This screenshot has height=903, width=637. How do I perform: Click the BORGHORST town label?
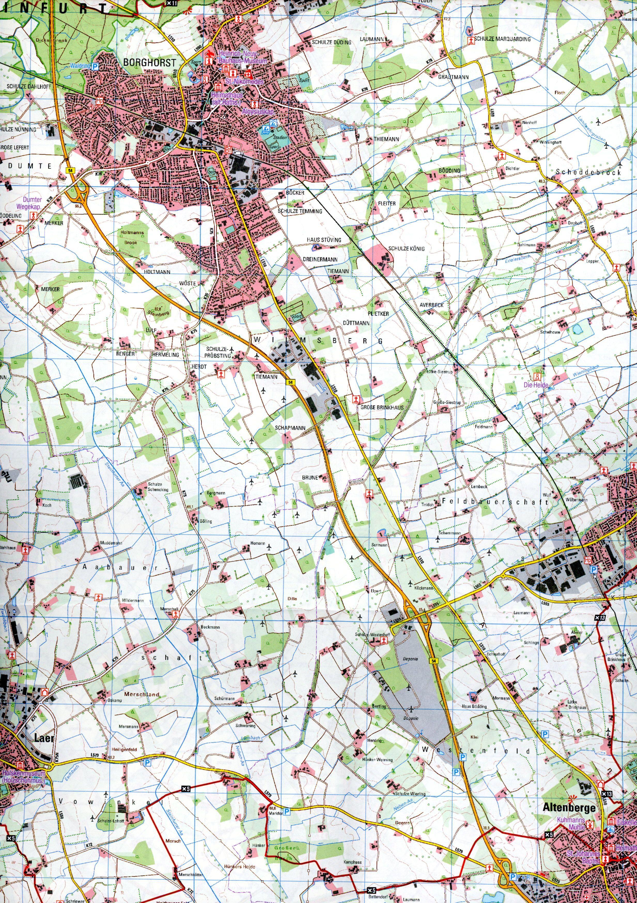(x=148, y=62)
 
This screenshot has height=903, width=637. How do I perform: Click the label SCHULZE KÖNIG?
(x=409, y=248)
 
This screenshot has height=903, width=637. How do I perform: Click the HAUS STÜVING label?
(x=324, y=239)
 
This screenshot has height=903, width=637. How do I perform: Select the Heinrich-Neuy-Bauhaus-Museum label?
(x=239, y=59)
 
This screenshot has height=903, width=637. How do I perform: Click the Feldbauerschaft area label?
(x=495, y=502)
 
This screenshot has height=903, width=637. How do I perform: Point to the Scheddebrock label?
(x=588, y=172)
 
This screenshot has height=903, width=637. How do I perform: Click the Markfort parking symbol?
(x=287, y=799)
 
